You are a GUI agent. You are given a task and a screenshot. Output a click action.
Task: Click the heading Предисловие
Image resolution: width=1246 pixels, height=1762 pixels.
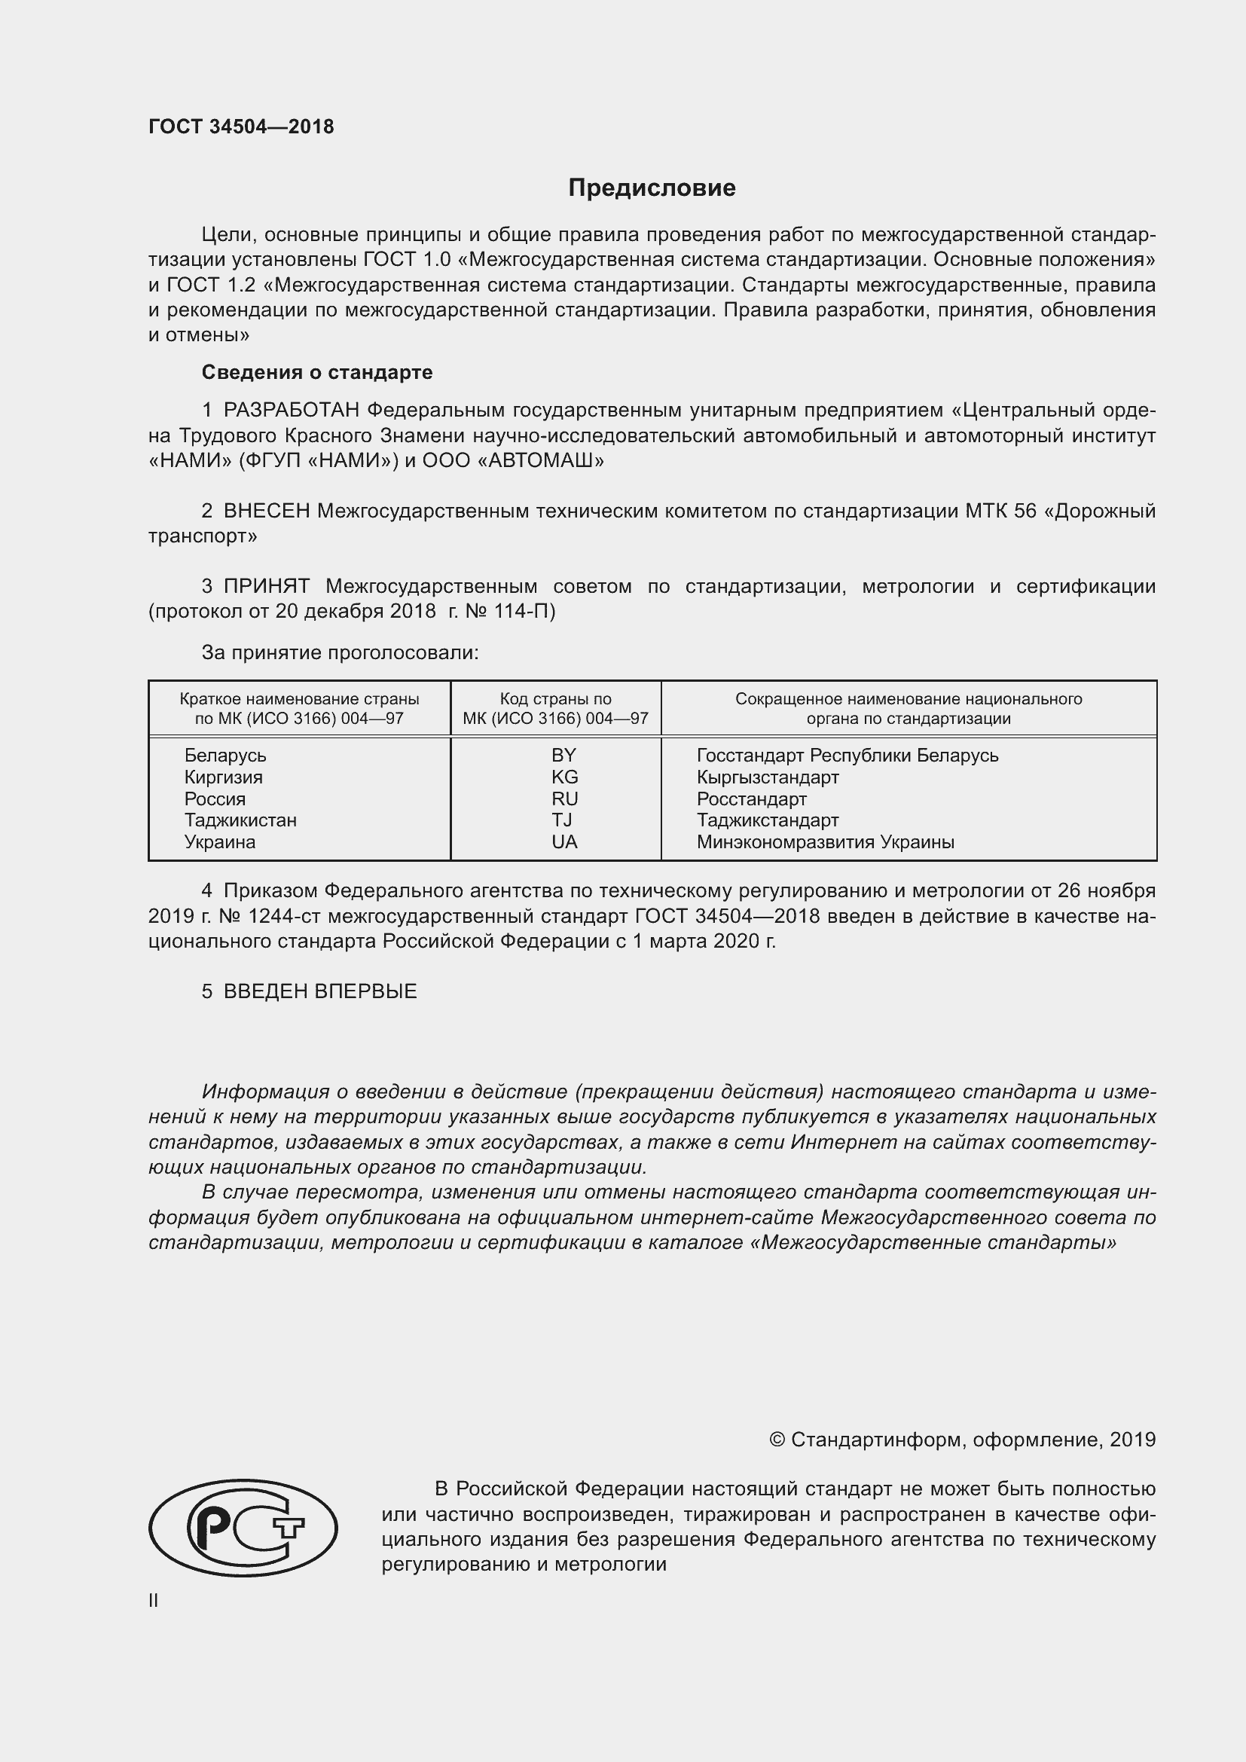652,188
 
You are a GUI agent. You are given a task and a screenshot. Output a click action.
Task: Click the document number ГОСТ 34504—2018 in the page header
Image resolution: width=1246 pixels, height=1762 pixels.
241,127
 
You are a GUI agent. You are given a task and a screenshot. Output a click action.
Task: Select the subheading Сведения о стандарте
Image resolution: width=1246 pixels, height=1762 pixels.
317,372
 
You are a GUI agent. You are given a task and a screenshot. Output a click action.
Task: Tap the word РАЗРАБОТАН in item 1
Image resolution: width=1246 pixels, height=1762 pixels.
291,411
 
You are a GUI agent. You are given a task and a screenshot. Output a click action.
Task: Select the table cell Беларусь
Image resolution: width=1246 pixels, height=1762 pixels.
224,755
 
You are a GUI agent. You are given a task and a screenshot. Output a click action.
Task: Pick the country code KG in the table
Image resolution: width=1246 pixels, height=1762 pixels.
564,777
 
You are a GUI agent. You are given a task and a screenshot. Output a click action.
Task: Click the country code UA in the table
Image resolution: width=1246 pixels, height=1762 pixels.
564,842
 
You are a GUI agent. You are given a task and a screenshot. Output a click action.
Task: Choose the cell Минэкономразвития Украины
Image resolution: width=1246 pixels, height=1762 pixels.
825,842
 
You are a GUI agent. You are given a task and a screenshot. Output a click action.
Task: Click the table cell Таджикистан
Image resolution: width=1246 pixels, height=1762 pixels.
240,820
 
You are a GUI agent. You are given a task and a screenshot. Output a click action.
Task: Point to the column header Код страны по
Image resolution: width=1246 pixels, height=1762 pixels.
555,699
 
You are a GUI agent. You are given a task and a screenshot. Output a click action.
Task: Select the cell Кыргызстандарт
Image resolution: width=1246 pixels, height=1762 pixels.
767,777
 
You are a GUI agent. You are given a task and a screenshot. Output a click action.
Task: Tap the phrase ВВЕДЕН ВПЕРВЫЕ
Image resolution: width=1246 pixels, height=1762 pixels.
320,991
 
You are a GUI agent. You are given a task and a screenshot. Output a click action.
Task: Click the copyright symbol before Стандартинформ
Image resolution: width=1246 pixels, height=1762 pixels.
777,1440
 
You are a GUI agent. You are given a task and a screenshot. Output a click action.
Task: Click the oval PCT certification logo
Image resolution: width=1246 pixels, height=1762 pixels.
243,1528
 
